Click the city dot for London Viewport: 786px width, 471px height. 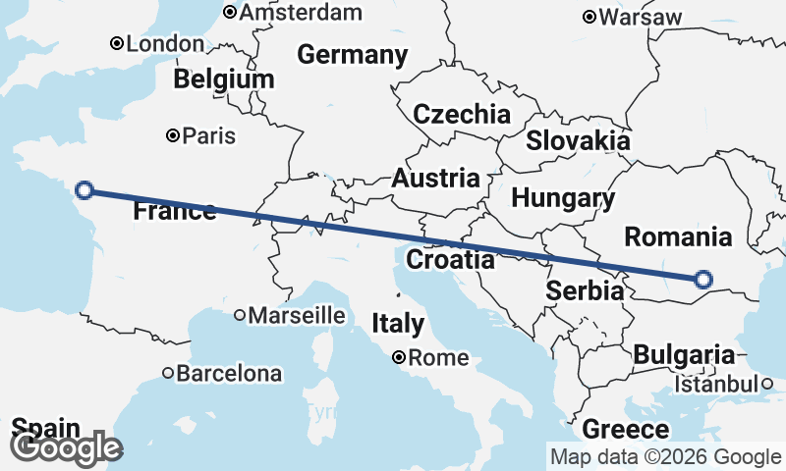click(x=116, y=43)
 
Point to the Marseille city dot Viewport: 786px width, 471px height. click(x=240, y=316)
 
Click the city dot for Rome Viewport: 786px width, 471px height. click(x=399, y=358)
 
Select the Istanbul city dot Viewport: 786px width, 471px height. click(x=766, y=384)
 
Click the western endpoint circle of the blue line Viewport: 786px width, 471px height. click(x=84, y=190)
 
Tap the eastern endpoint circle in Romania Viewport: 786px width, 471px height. click(x=702, y=280)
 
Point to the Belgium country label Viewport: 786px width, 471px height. click(x=224, y=78)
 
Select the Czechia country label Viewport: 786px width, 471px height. click(x=462, y=114)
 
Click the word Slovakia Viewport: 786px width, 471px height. click(x=578, y=140)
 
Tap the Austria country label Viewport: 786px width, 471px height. click(x=435, y=179)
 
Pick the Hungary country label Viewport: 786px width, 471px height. click(x=563, y=198)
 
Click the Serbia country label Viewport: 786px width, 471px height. click(x=585, y=291)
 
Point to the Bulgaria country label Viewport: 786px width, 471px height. click(x=684, y=355)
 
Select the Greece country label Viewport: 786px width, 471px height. click(x=626, y=430)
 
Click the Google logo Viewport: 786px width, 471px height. click(x=67, y=448)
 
